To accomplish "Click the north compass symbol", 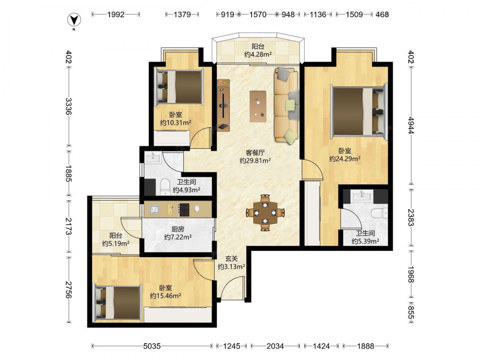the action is click(x=74, y=21).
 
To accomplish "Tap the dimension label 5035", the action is click(x=152, y=346).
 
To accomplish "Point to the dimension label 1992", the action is click(x=116, y=14).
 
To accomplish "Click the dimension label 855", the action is click(x=411, y=314).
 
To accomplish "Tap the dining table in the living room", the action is click(x=265, y=212).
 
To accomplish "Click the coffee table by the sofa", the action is click(x=258, y=106).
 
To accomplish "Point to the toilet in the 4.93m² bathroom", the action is click(x=165, y=186).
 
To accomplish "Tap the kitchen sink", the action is click(x=154, y=209).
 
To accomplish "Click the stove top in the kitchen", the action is click(x=184, y=210).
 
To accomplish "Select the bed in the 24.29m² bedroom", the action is click(x=359, y=111).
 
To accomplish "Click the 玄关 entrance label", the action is click(x=231, y=259).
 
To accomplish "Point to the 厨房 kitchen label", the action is click(x=178, y=229).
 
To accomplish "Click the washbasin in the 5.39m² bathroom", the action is click(x=362, y=195).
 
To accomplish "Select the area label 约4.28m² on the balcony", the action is click(x=258, y=55).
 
